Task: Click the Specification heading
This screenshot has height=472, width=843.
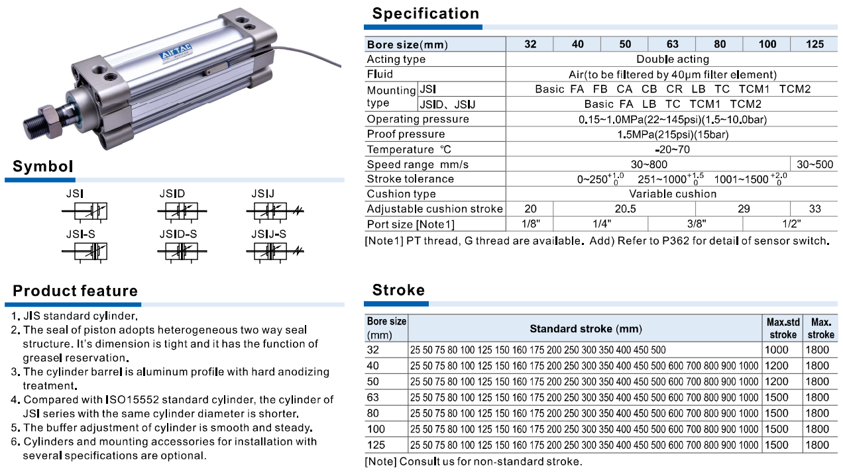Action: point(425,14)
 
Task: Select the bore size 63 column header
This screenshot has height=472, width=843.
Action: point(672,44)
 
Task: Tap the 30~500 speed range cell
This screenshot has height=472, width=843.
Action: point(815,164)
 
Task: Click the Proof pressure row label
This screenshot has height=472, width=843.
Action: point(396,134)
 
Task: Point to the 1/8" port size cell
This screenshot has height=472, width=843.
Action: point(530,224)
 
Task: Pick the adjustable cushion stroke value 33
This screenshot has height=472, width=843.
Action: point(815,209)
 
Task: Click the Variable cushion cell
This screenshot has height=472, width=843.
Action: point(672,194)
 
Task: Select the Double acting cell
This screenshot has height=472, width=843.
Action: point(672,60)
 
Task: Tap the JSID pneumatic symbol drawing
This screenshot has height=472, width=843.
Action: point(182,212)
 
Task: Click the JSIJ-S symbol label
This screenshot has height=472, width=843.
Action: point(268,234)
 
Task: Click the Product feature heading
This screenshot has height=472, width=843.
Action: point(76,291)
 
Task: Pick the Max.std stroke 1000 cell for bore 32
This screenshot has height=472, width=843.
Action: point(777,350)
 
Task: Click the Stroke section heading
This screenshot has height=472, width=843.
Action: point(398,290)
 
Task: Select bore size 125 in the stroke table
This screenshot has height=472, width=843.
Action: point(376,445)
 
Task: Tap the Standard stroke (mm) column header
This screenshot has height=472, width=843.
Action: point(586,329)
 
